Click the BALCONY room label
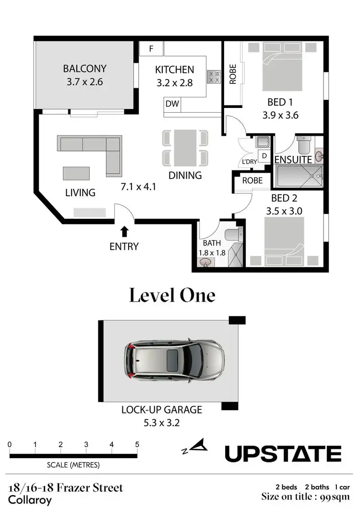(x=84, y=69)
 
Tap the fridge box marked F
(x=151, y=48)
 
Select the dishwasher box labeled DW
(x=172, y=103)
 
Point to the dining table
(x=185, y=147)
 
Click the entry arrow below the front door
(x=124, y=232)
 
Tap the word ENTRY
(x=124, y=247)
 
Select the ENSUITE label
(x=293, y=159)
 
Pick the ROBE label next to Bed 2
(x=252, y=180)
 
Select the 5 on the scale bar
(x=137, y=444)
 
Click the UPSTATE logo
(x=283, y=453)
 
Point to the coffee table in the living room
(x=76, y=173)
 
